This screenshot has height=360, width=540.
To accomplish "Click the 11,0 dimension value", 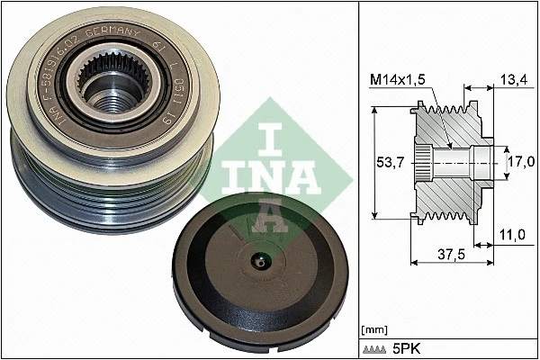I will (x=511, y=236).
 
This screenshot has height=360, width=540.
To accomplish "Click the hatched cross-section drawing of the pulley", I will (x=450, y=166).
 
